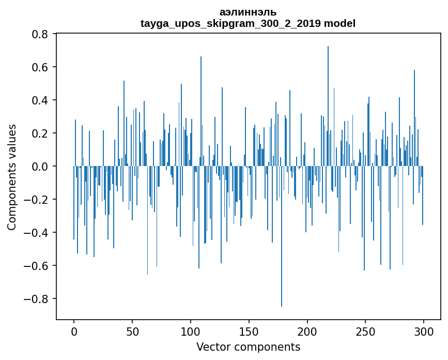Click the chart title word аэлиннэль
[248, 12]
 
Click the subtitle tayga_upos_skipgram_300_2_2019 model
[248, 23]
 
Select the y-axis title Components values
[12, 177]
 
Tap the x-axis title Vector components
[248, 347]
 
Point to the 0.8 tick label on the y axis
[41, 34]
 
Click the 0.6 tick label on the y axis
[41, 67]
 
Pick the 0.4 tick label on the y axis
[41, 100]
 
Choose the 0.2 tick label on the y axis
[41, 133]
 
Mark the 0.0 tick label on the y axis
[41, 167]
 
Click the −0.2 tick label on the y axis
[37, 200]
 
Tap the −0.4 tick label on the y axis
[37, 233]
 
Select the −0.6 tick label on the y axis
[37, 266]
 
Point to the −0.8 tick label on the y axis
[37, 299]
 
